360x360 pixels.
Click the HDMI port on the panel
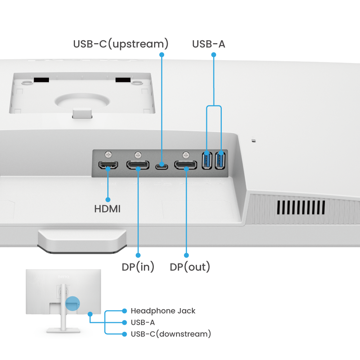pos(108,165)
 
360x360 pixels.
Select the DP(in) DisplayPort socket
pos(138,165)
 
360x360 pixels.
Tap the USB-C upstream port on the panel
pos(162,166)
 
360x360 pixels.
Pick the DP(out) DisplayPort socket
pos(186,165)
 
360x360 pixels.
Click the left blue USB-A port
pos(207,161)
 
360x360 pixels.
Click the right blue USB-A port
pos(220,161)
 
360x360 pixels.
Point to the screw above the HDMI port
pos(108,154)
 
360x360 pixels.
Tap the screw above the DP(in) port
pos(138,155)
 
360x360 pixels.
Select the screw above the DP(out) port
pos(186,155)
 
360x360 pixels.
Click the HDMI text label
pos(107,209)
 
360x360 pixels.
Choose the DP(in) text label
pos(138,267)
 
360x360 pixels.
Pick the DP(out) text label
pos(190,267)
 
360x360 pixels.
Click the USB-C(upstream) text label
pos(121,44)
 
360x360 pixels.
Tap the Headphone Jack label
pos(163,311)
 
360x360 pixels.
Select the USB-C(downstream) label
pos(171,334)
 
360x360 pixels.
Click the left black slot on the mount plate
pos(41,80)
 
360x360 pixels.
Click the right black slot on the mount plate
pos(123,80)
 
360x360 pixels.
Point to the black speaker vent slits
pos(301,207)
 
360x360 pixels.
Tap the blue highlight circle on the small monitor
pos(73,303)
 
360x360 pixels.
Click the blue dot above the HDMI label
pos(108,199)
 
